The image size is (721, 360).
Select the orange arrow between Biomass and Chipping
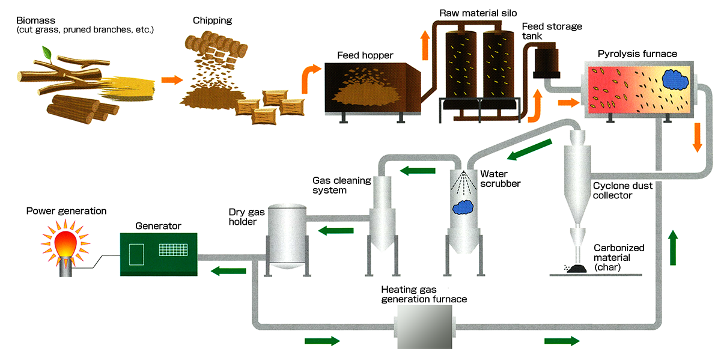click(171, 79)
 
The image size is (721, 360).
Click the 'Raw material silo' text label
click(478, 13)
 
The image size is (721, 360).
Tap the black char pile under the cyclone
click(579, 269)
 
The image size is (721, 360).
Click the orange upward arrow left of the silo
click(425, 45)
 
